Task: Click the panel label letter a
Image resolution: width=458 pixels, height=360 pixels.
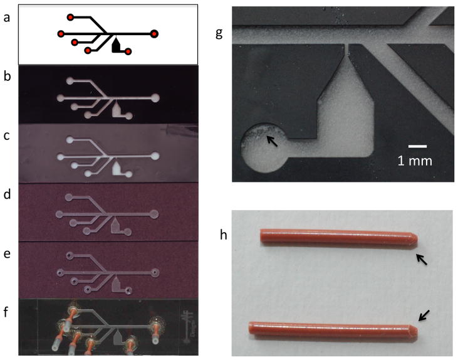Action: [x=7, y=18]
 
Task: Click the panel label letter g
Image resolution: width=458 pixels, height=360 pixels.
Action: [x=219, y=34]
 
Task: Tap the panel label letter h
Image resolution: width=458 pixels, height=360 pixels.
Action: [x=224, y=235]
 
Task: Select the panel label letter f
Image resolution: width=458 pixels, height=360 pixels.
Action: [x=6, y=312]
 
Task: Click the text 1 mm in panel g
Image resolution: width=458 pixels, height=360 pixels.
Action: [x=415, y=161]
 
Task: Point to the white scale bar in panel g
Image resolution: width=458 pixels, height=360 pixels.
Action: [x=418, y=146]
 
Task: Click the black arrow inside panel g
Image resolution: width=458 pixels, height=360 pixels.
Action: [x=272, y=141]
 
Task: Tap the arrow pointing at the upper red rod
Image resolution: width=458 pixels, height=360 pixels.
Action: [x=422, y=260]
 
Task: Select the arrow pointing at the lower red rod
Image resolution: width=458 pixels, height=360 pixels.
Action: [x=424, y=315]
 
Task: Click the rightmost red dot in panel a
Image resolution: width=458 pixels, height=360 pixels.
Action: [x=155, y=34]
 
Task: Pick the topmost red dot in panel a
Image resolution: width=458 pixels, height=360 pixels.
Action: [x=70, y=18]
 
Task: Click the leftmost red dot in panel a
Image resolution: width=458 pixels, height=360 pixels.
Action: [x=61, y=34]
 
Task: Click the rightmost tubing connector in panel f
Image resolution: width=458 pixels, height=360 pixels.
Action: [x=155, y=331]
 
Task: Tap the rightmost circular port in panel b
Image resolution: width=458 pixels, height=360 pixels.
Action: [x=155, y=98]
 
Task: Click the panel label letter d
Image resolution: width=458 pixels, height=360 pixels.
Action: [x=7, y=194]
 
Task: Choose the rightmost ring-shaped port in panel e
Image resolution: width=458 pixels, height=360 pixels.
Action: [x=155, y=273]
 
